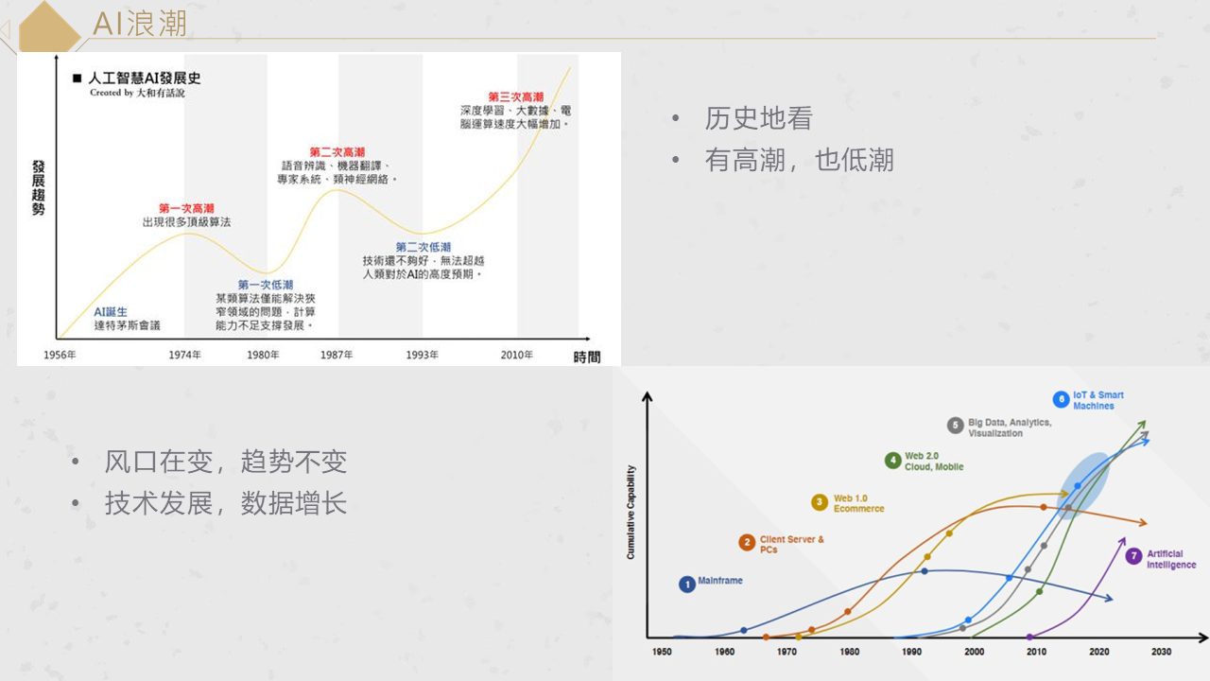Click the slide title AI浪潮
tap(140, 24)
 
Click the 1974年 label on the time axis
tap(184, 355)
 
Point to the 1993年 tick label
tap(423, 355)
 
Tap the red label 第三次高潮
tap(515, 97)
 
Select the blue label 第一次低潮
tap(265, 285)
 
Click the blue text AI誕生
tap(111, 312)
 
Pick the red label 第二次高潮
tap(337, 152)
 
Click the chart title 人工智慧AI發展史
tap(144, 79)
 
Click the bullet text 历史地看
tap(758, 118)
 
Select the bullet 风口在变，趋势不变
tap(226, 462)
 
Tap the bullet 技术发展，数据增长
tap(226, 502)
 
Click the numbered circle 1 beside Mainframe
tap(687, 585)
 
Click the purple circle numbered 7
tap(1133, 556)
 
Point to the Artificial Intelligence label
tap(1171, 559)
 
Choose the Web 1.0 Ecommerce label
tap(858, 503)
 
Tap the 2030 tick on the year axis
tap(1161, 652)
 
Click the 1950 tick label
tap(663, 652)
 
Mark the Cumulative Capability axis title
tap(631, 512)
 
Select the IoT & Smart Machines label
tap(1098, 400)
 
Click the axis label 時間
tap(586, 357)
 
